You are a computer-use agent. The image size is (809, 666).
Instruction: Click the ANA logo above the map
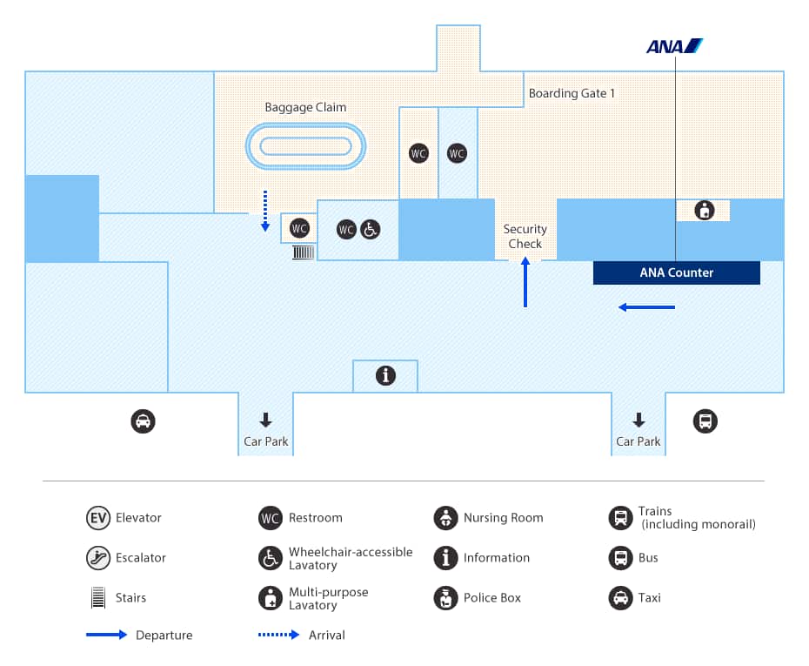coord(674,46)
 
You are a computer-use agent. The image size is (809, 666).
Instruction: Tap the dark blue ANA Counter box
coord(676,272)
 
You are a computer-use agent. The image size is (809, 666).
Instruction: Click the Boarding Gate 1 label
coord(572,93)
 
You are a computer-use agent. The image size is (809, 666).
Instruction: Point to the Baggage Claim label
coord(305,108)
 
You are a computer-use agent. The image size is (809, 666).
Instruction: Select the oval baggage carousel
coord(305,146)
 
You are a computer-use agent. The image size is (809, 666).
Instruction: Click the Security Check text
coord(525,237)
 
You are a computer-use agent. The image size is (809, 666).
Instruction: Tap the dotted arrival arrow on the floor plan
coord(266,211)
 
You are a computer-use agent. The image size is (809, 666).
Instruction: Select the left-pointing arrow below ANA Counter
coord(646,307)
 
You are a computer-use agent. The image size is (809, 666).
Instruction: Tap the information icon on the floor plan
coord(385,375)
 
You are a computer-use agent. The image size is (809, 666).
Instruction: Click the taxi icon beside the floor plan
coord(143,421)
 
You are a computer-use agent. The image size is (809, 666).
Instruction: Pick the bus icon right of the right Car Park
coord(705,421)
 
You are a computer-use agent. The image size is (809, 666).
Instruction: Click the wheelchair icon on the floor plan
coord(371,230)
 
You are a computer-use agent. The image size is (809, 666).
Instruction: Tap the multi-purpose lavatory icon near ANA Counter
coord(704,210)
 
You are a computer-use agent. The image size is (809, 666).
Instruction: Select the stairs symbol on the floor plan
coord(303,252)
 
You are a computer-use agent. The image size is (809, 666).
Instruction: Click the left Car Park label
coord(265,441)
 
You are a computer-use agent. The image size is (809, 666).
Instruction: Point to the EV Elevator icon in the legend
coord(98,518)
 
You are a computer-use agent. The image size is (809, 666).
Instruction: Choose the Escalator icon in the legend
coord(98,558)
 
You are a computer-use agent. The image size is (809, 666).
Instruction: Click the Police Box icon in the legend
coord(445,598)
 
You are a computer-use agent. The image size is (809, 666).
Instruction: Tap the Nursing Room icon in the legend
coord(445,518)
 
